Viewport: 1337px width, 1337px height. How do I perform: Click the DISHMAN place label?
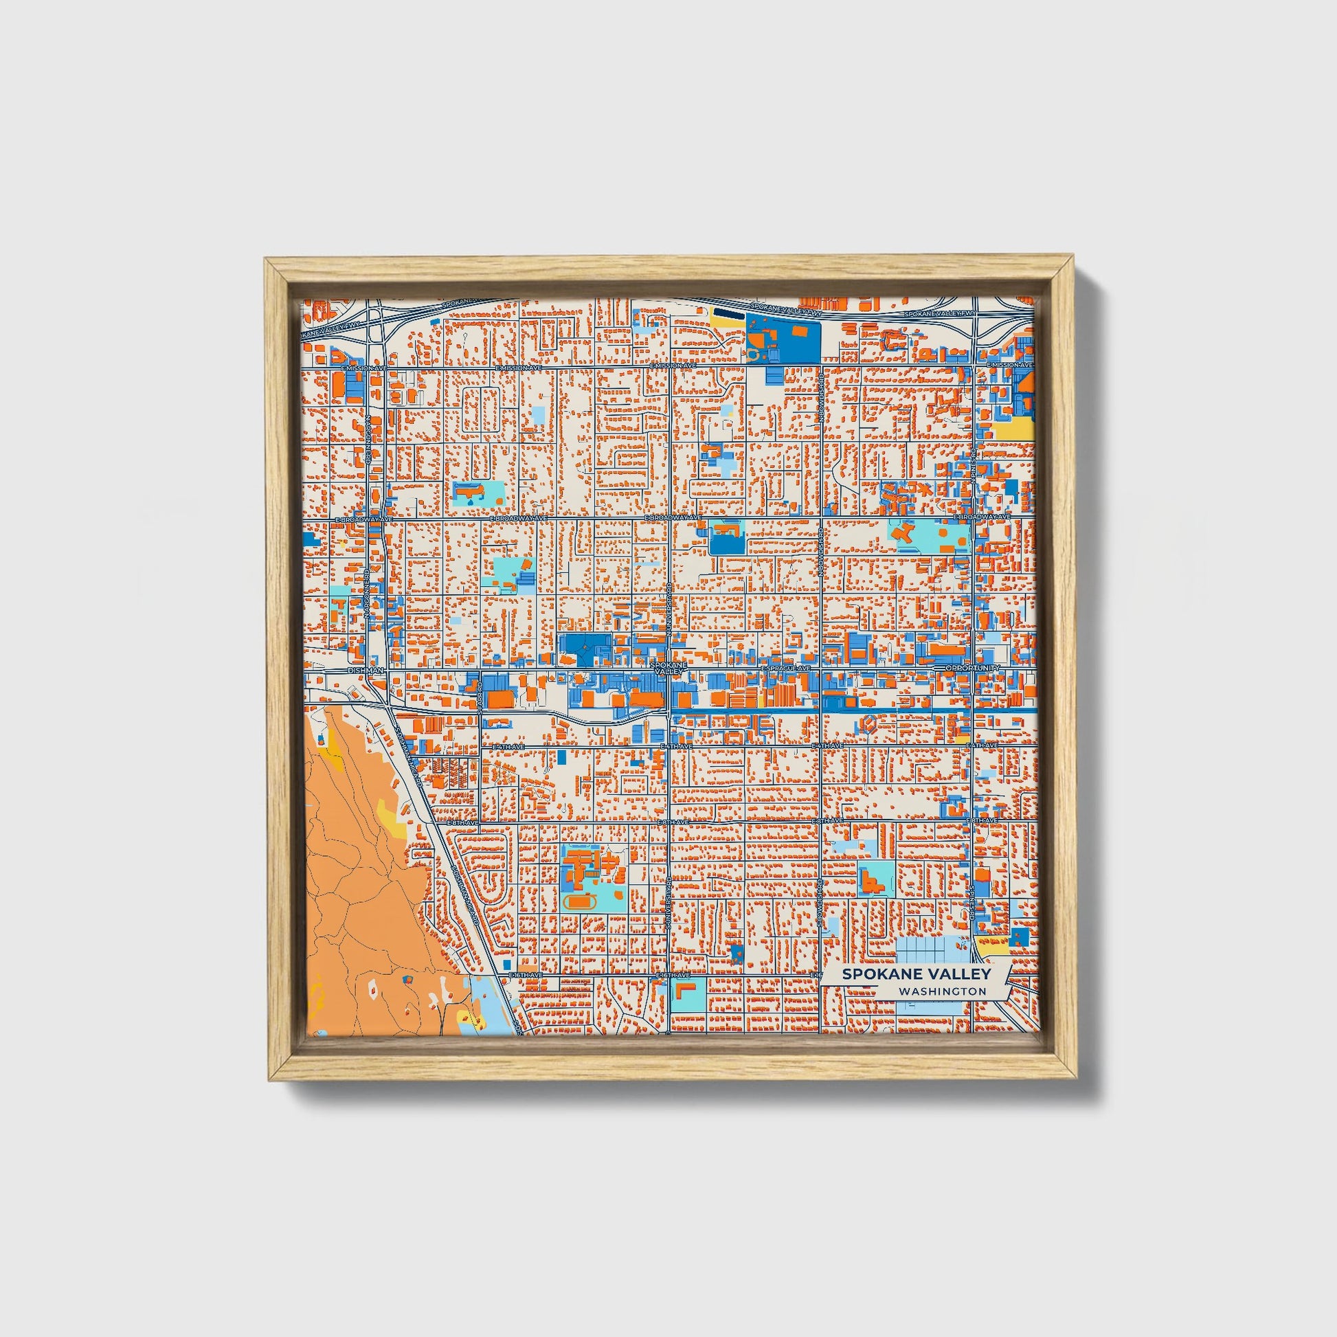point(366,671)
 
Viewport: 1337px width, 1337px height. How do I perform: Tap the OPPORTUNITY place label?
point(971,668)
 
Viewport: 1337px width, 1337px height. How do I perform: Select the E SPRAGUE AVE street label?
point(785,668)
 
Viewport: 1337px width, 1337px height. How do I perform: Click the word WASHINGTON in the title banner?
point(943,991)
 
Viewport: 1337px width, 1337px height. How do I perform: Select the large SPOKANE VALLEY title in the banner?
point(917,974)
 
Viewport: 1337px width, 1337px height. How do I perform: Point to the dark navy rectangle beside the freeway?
point(729,313)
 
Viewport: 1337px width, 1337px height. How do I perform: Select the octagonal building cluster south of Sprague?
point(870,724)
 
